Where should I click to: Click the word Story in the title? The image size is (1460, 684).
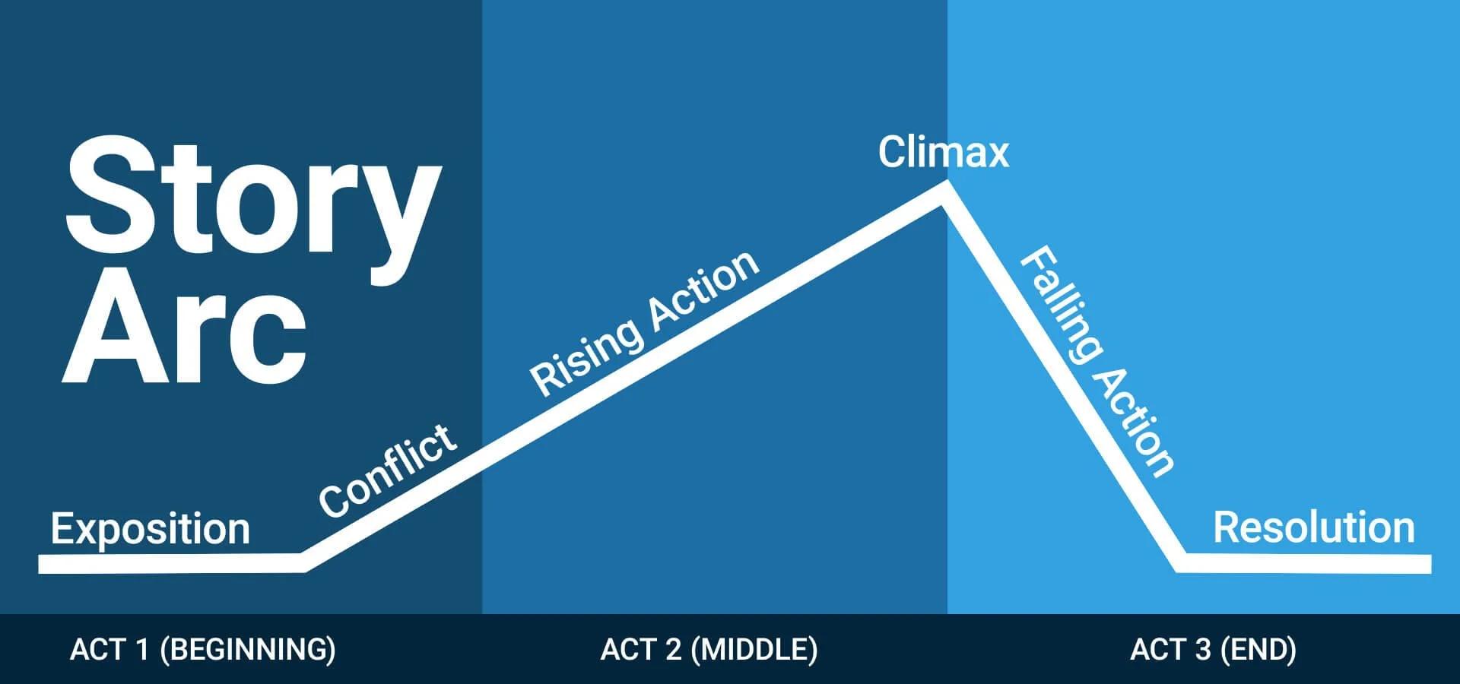252,196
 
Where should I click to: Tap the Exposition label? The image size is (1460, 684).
150,528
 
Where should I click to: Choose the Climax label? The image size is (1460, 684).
943,152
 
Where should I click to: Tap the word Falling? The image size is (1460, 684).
1061,304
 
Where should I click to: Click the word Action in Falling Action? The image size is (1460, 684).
1137,422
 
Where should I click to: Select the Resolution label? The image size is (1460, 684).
1313,527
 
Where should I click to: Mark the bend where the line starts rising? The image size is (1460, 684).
304,562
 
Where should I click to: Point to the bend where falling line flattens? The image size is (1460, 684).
1181,563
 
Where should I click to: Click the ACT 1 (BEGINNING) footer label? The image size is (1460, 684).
202,650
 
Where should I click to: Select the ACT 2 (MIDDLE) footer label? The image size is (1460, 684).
709,650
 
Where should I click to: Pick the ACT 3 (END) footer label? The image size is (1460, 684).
1213,650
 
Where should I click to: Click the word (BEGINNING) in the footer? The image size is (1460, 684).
248,650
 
